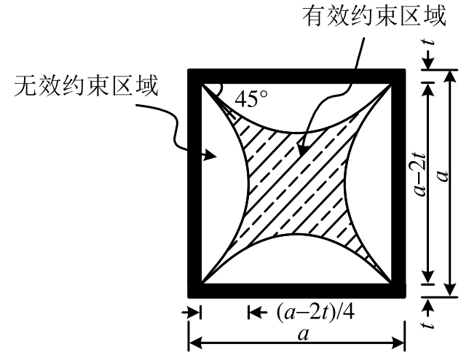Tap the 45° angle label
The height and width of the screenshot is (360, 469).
point(252,97)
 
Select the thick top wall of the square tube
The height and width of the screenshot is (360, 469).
point(296,74)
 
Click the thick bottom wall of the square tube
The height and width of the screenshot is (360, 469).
point(296,291)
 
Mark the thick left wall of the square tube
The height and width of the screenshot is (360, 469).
point(194,182)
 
